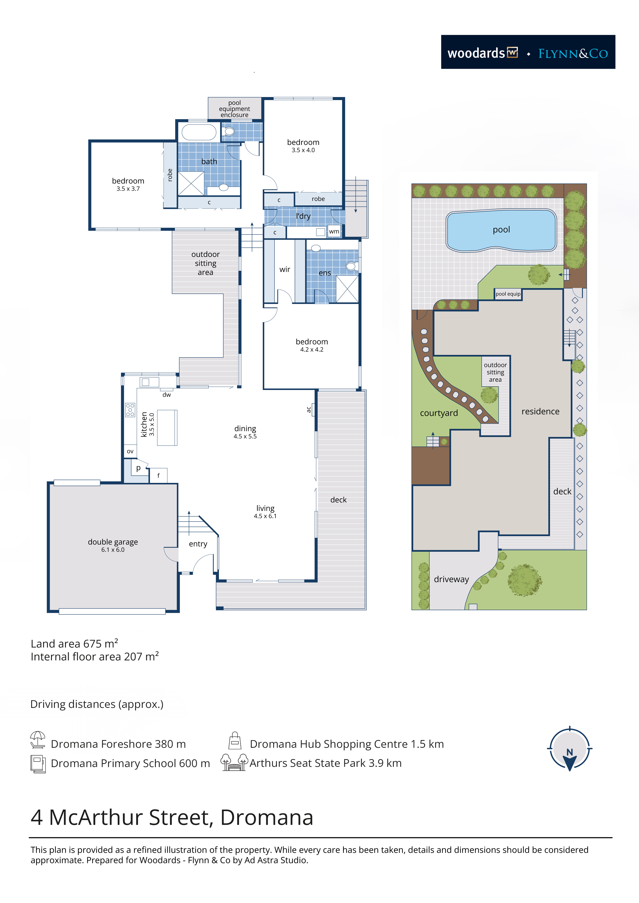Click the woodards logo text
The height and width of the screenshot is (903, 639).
(x=476, y=53)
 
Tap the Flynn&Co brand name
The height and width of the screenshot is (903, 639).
(x=573, y=54)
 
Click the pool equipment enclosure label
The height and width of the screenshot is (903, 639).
(x=235, y=109)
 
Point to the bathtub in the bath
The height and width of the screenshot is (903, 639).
(x=199, y=132)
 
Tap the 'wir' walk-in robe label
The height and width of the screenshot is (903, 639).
(x=285, y=270)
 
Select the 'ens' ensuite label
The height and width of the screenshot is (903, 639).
(x=325, y=273)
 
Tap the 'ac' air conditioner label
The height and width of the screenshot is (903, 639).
(x=309, y=410)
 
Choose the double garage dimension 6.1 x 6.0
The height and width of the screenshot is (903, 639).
(x=113, y=550)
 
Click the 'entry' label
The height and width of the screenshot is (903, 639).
(x=198, y=544)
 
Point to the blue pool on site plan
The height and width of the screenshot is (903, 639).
(x=501, y=230)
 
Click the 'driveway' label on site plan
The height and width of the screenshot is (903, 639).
(x=451, y=579)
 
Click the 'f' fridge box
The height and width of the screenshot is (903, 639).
(x=159, y=475)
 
